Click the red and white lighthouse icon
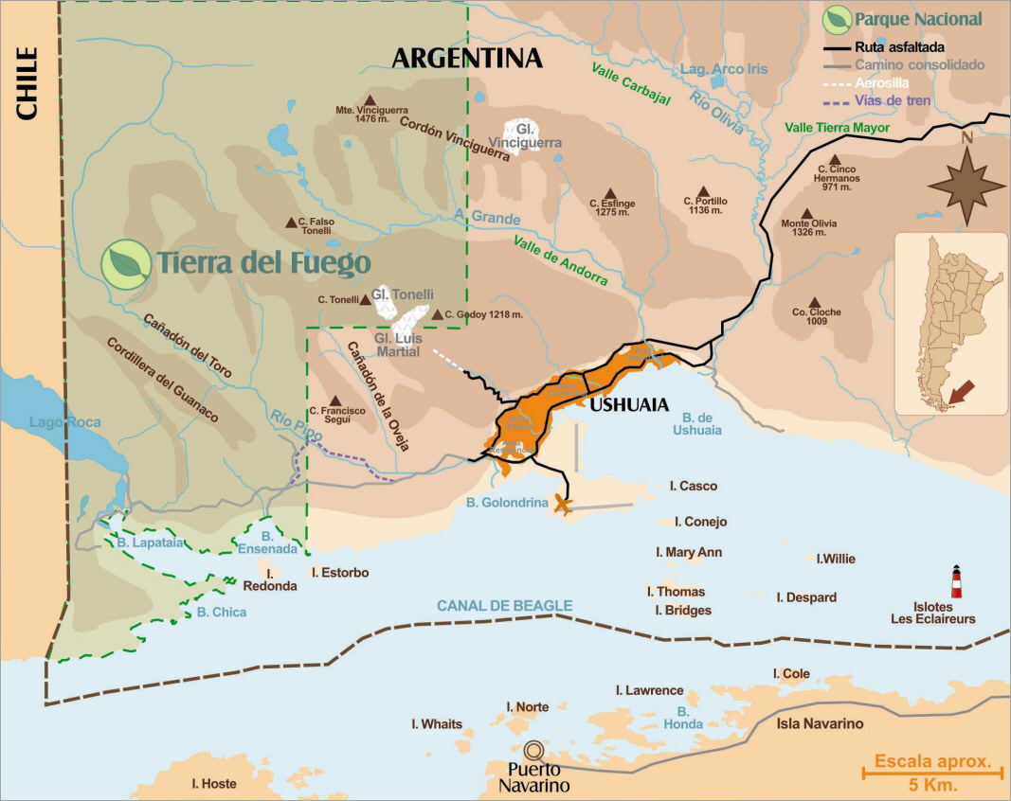[x=956, y=582]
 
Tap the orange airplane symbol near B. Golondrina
[x=564, y=505]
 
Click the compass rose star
[x=966, y=184]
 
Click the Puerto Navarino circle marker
[x=536, y=749]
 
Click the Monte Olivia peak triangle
[x=807, y=214]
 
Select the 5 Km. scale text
[x=932, y=786]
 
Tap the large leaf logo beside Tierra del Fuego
[x=126, y=261]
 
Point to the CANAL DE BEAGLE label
[x=504, y=606]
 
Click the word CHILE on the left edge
[x=27, y=84]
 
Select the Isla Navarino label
[x=821, y=724]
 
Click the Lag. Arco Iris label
[x=724, y=70]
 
